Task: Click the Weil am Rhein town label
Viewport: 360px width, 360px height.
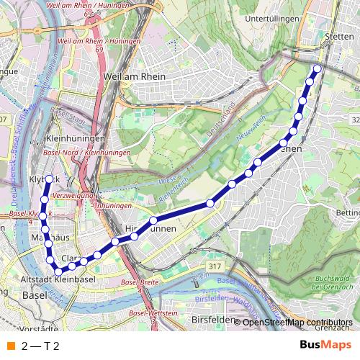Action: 135,76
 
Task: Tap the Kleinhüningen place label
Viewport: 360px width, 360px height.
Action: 75,138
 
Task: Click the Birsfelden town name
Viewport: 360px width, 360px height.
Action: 215,319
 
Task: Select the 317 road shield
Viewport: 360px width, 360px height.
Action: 213,266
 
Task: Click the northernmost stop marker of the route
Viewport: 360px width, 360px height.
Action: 316,69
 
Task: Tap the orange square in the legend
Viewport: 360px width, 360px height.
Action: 12,346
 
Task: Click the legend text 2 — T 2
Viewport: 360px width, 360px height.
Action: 40,346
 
